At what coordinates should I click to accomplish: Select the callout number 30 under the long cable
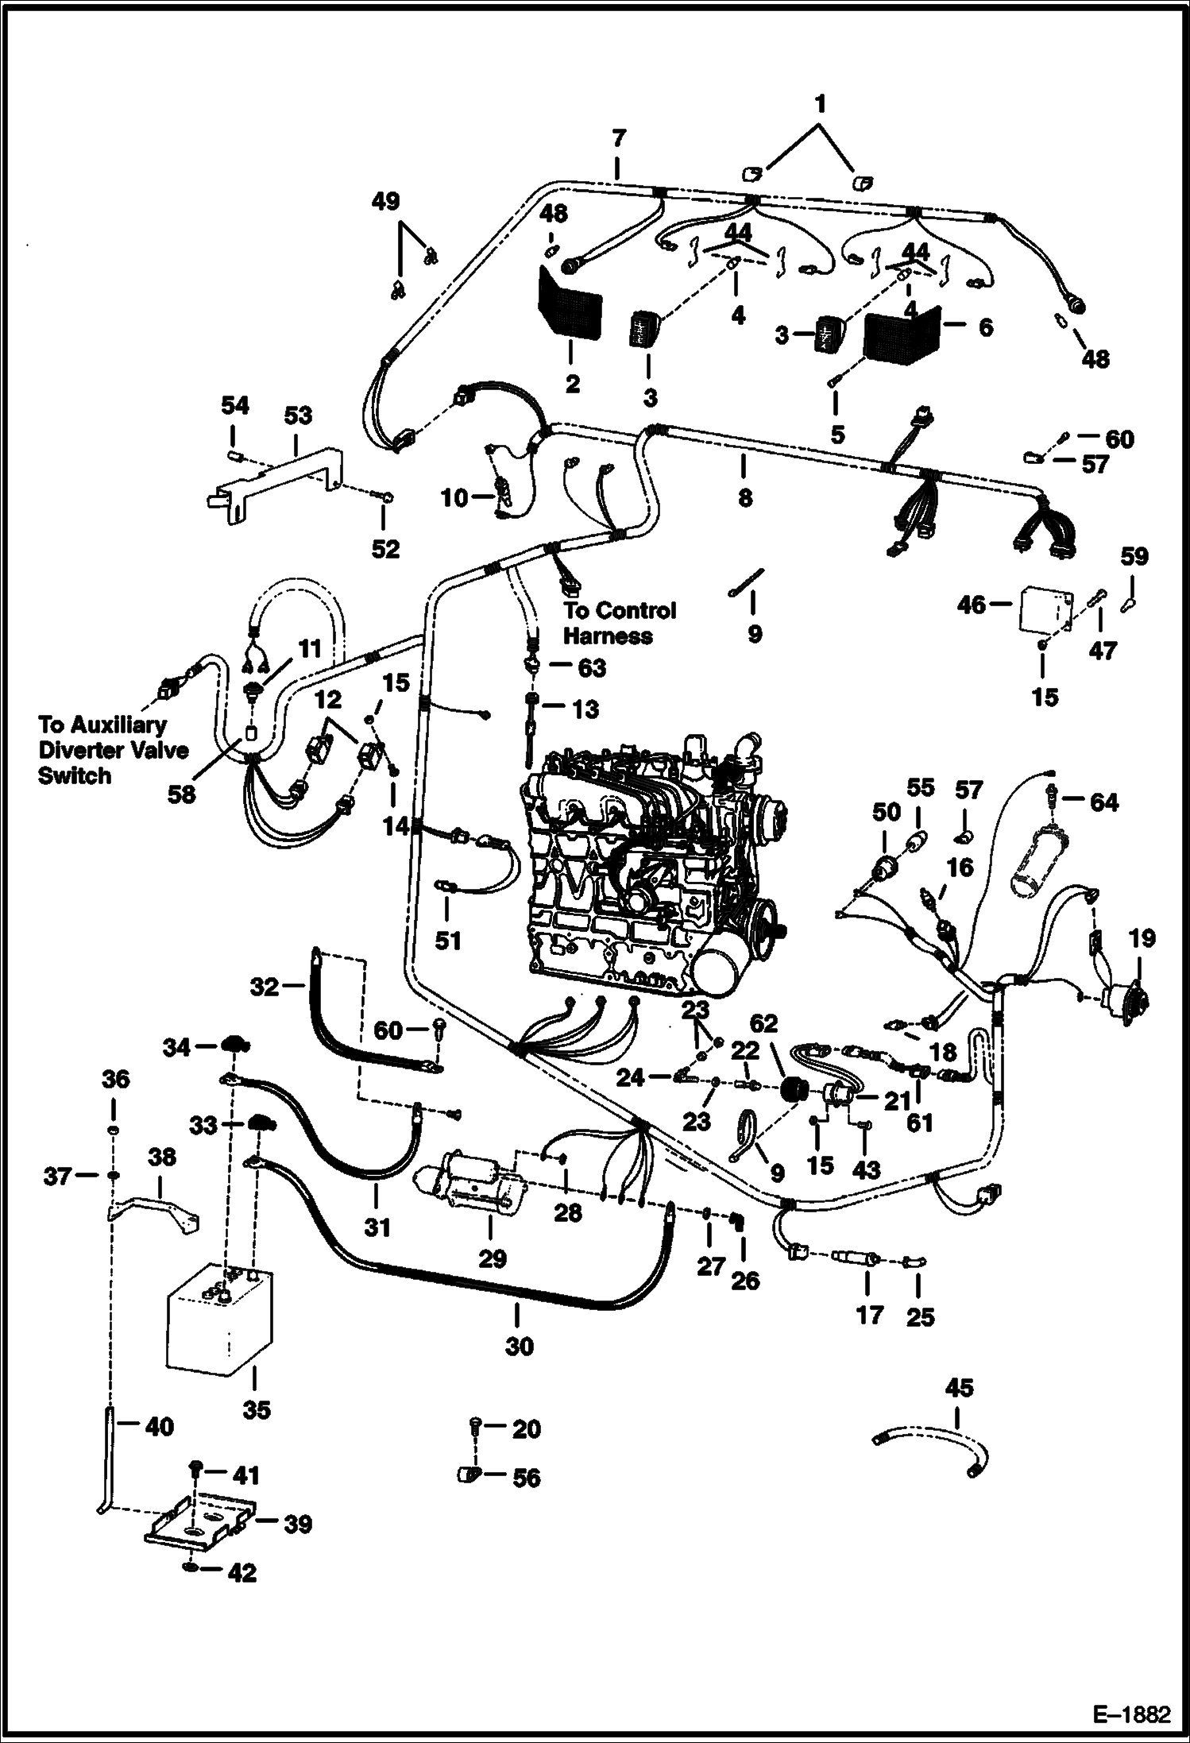pyautogui.click(x=519, y=1346)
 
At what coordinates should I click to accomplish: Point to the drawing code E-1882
pyautogui.click(x=1133, y=1713)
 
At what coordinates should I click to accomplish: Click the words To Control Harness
pyautogui.click(x=619, y=623)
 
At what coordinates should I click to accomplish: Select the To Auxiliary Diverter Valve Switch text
pyautogui.click(x=102, y=749)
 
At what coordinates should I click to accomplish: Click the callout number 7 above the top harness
pyautogui.click(x=618, y=137)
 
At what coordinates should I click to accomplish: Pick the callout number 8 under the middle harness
pyautogui.click(x=744, y=498)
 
